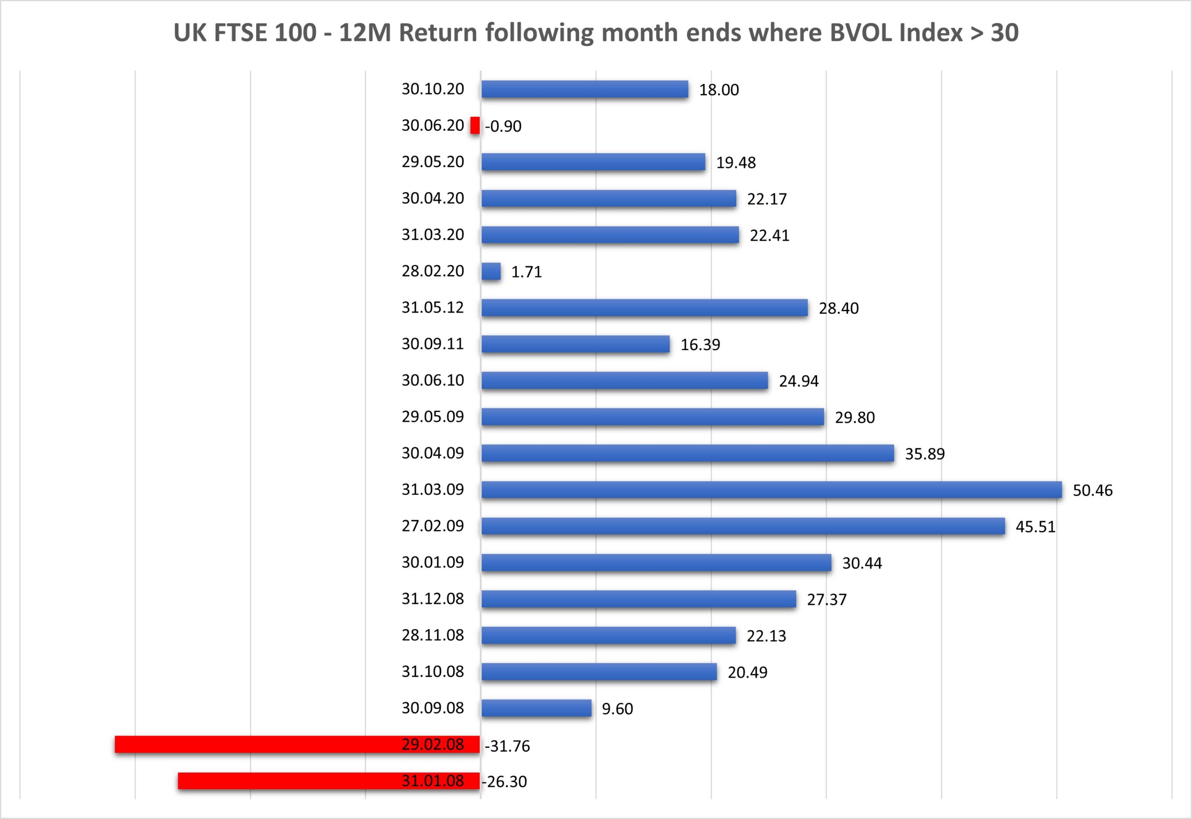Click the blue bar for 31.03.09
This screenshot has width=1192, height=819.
[x=771, y=489]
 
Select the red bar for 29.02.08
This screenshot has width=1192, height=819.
[x=257, y=744]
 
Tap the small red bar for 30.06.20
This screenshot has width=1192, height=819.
[x=475, y=126]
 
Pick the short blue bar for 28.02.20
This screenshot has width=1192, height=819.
[x=491, y=271]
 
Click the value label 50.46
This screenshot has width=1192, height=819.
[x=1092, y=491]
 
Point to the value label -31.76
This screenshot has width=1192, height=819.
[x=507, y=746]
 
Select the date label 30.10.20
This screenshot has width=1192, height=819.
[x=433, y=89]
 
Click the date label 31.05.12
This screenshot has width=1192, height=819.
[x=433, y=307]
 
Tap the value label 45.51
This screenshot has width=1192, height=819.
[x=1036, y=527]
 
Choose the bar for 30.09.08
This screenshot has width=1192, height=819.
[x=536, y=708]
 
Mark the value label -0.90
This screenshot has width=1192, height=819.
[x=503, y=126]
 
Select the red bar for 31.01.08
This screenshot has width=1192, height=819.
[x=287, y=780]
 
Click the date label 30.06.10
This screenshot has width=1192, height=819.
[x=433, y=380]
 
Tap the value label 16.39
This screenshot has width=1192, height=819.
[x=700, y=345]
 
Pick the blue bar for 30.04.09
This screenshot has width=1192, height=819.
[x=688, y=453]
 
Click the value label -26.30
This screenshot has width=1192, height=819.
[x=504, y=782]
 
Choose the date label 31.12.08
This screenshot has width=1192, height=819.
[x=433, y=599]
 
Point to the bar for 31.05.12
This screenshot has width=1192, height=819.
[x=644, y=308]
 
